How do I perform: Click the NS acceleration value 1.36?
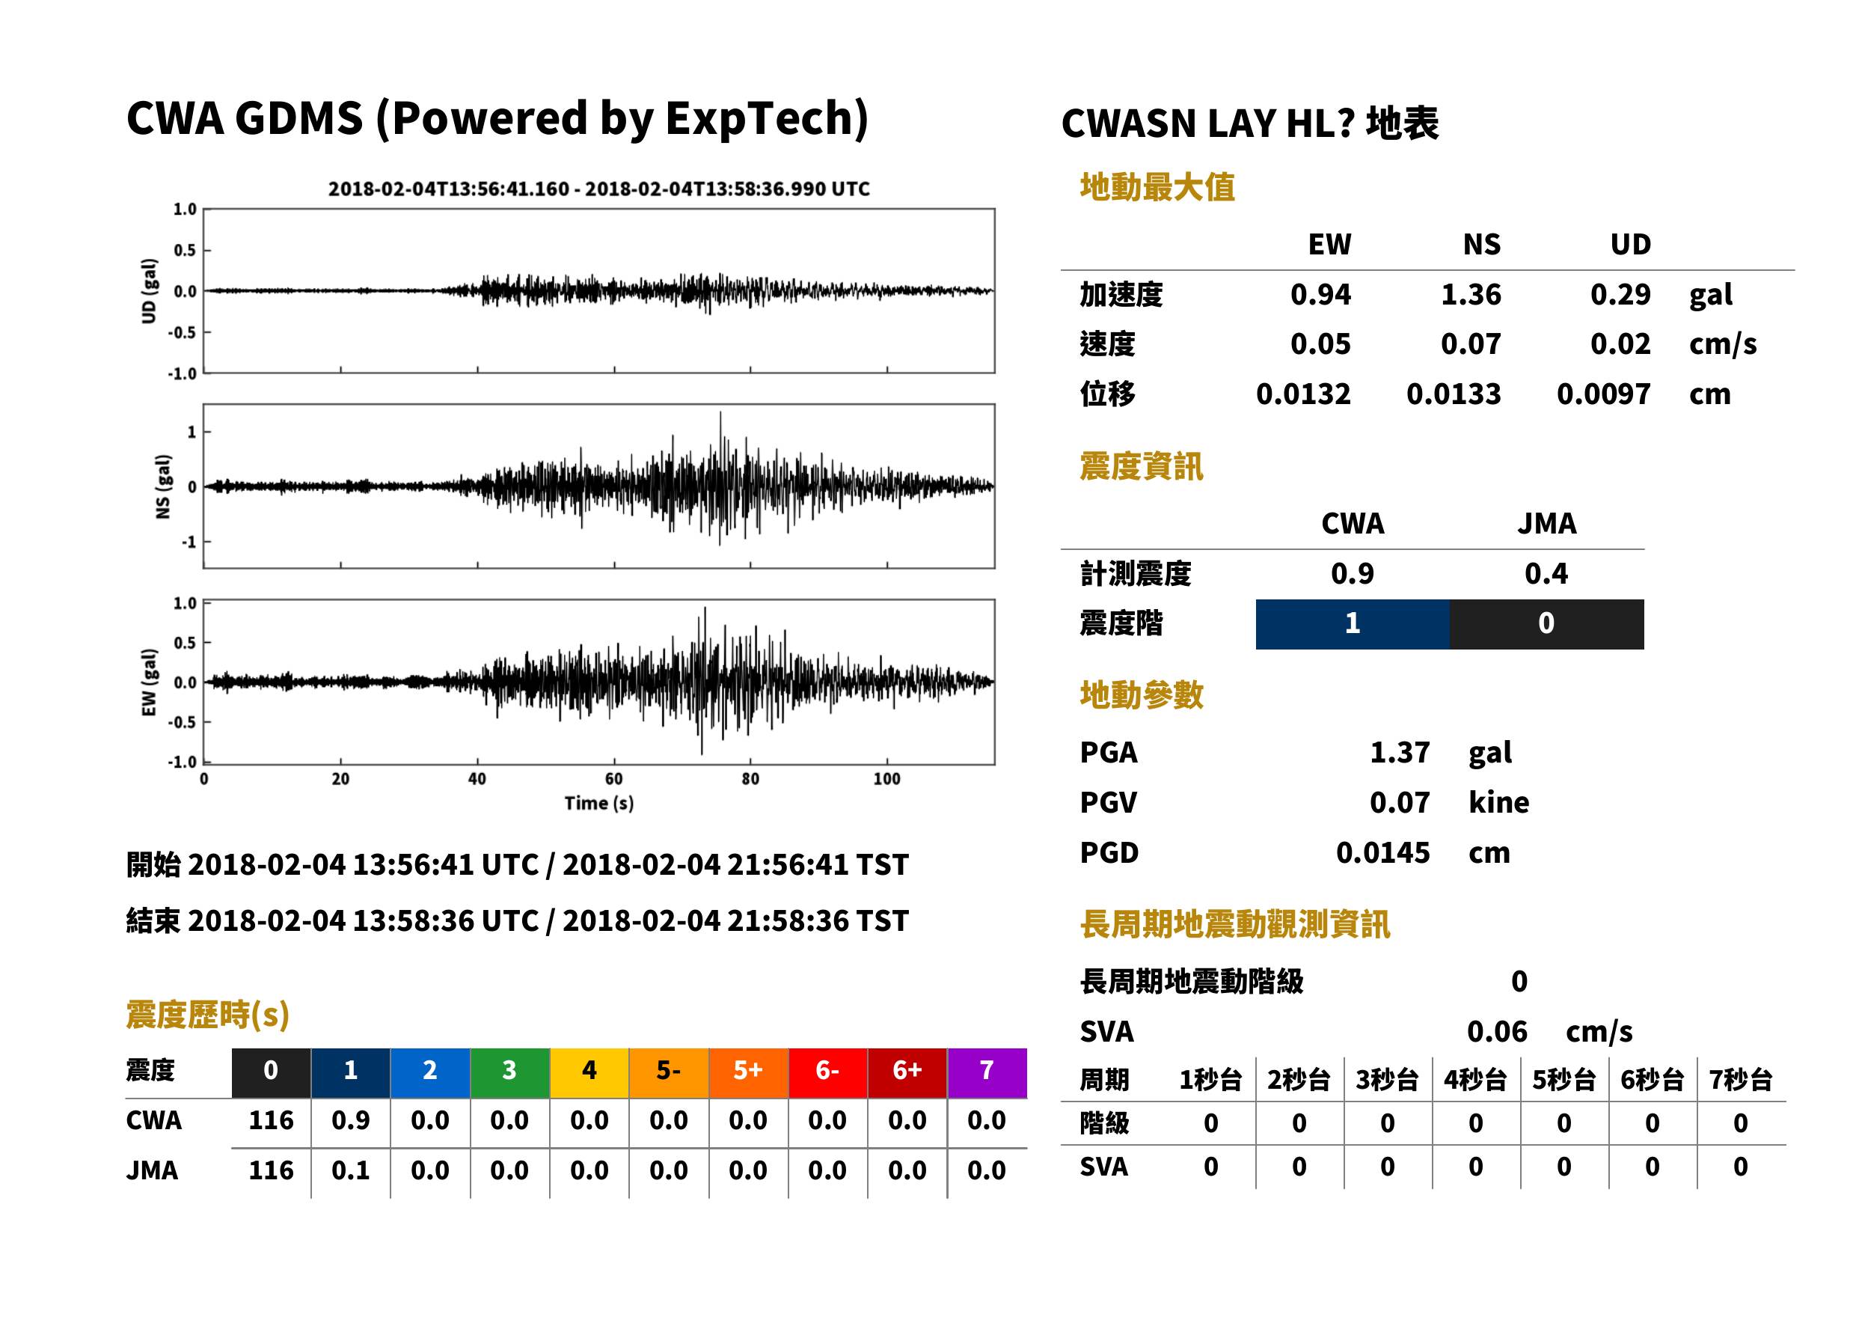[1470, 294]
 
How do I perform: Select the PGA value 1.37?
[1399, 752]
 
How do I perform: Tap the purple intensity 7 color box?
[987, 1072]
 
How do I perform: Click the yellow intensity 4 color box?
[589, 1072]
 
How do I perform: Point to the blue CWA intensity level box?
[1353, 624]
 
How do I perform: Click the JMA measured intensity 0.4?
[1546, 573]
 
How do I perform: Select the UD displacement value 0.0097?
[1603, 394]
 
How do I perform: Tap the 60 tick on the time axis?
[613, 778]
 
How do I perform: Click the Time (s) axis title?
[598, 804]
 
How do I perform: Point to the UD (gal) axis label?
[149, 290]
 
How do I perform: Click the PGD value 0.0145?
[1382, 852]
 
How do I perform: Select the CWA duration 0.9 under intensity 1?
[350, 1120]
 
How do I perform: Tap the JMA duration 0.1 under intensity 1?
[350, 1170]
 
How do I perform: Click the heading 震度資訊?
[1141, 466]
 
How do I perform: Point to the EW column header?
[1329, 244]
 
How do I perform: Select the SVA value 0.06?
[1497, 1031]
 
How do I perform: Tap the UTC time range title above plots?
[599, 189]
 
